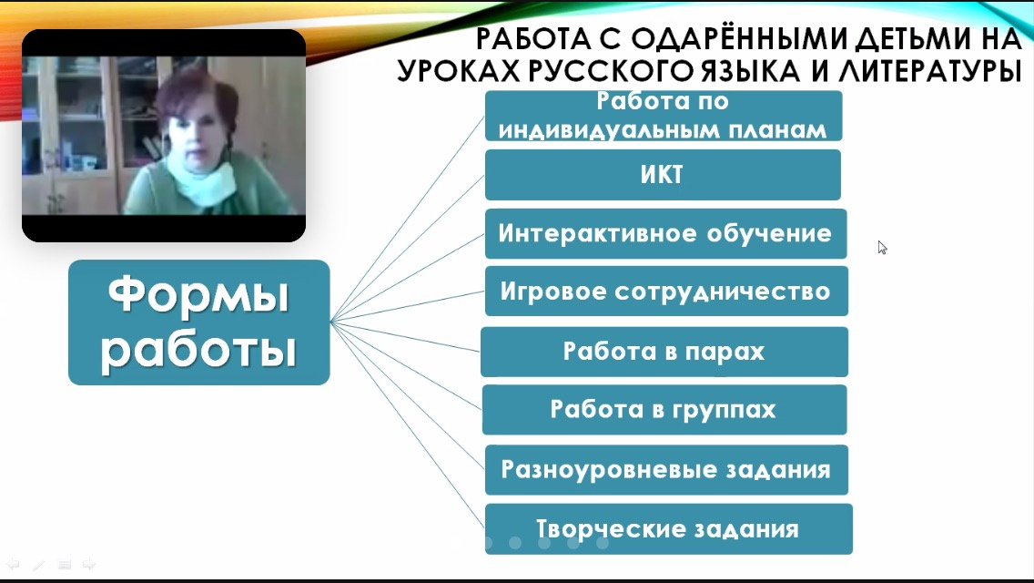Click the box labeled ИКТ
click(x=663, y=175)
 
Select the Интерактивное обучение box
click(x=664, y=233)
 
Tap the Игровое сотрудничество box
click(x=665, y=291)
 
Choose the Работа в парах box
click(x=664, y=352)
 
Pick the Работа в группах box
click(x=664, y=409)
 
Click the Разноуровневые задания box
click(x=665, y=469)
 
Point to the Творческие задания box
click(x=668, y=528)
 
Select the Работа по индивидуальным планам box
click(x=663, y=116)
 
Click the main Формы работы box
click(x=198, y=322)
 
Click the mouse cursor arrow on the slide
click(x=882, y=247)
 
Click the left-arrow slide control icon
click(x=13, y=565)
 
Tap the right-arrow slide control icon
click(x=89, y=565)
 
